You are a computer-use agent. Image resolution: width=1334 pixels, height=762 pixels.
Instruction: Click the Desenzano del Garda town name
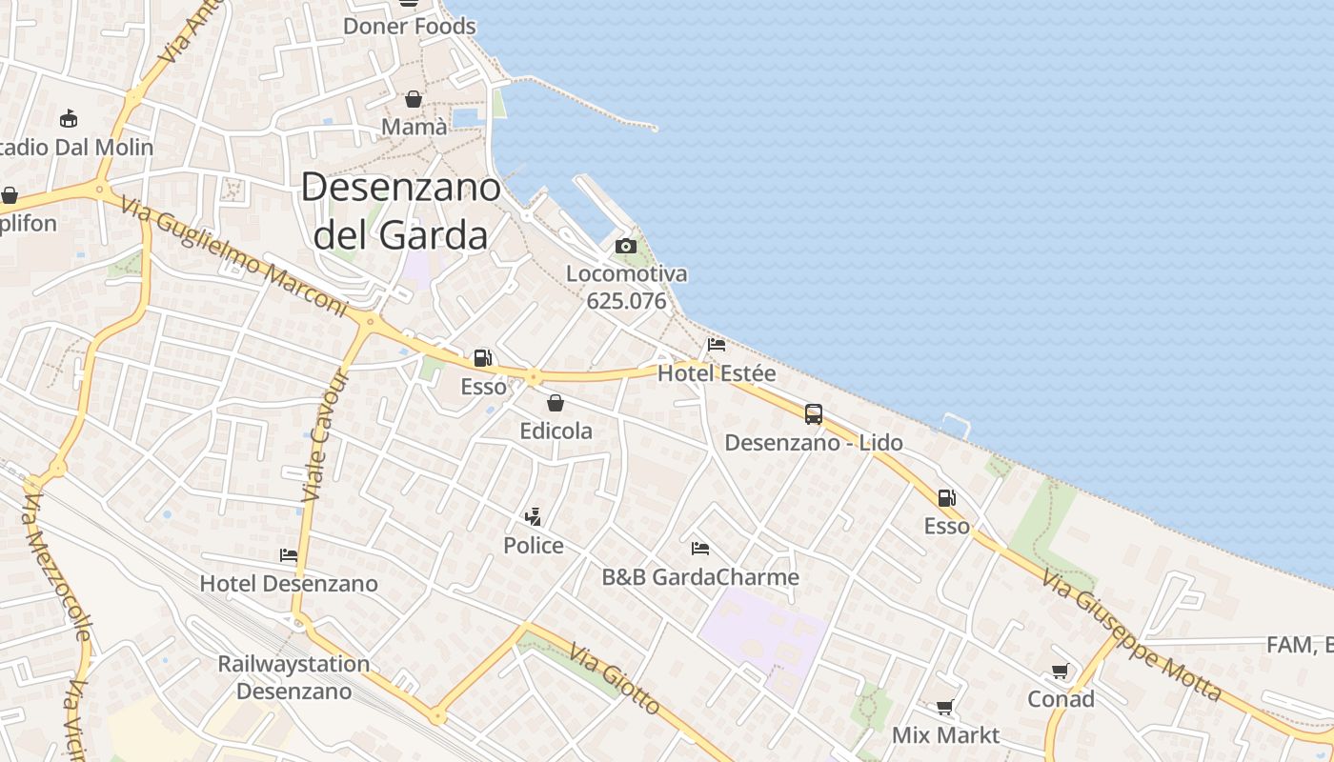401,211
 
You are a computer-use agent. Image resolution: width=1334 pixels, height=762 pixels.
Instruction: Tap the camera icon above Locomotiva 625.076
626,247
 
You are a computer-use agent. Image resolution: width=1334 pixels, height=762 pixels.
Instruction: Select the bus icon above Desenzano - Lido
813,414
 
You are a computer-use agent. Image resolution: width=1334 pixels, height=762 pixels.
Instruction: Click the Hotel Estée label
717,373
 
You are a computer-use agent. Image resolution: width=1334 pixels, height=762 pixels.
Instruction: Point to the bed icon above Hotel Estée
717,344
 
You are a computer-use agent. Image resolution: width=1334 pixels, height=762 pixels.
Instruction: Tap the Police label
534,546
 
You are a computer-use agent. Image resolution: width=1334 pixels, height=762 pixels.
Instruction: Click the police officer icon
534,517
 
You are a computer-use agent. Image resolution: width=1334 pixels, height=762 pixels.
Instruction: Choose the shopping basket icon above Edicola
556,403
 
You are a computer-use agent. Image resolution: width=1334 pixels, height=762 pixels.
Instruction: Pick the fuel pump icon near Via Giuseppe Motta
946,497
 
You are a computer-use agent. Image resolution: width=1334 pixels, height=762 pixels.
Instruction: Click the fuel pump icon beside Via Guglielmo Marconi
483,358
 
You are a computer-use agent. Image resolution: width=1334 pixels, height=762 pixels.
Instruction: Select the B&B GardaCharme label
700,577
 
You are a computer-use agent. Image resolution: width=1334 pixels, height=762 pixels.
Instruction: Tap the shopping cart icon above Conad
1061,672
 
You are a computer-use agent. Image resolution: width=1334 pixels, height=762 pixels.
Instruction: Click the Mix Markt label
945,735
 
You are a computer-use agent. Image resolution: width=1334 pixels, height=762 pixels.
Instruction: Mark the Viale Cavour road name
325,436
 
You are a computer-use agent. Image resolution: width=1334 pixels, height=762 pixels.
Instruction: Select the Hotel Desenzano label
289,583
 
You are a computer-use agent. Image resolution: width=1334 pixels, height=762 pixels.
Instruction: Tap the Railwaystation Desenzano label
293,677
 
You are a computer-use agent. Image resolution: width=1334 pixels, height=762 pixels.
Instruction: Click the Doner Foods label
410,26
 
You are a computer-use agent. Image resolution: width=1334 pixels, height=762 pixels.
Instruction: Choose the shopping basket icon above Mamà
414,99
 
